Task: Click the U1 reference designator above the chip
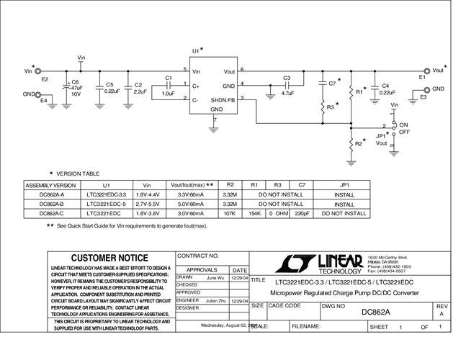pos(195,50)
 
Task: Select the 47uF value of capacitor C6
pos(76,87)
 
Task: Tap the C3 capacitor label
pos(287,78)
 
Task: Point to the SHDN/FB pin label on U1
pos(225,99)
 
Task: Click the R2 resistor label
pos(358,144)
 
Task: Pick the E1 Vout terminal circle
pos(426,71)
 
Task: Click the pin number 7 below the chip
pos(215,120)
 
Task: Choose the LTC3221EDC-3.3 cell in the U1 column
pos(106,194)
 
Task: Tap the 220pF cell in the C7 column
pos(302,213)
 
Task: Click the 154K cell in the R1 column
pos(254,213)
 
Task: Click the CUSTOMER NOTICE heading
pos(110,258)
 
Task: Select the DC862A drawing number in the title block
pos(375,312)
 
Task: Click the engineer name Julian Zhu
pos(216,300)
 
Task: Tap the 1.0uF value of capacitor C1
pos(169,94)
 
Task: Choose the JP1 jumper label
pos(381,135)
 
